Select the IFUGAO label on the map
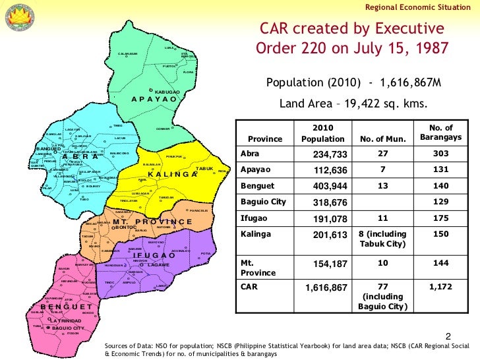click(154, 255)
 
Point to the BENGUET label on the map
click(65, 307)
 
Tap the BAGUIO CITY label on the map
click(68, 328)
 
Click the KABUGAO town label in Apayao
click(167, 91)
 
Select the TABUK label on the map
click(205, 169)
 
